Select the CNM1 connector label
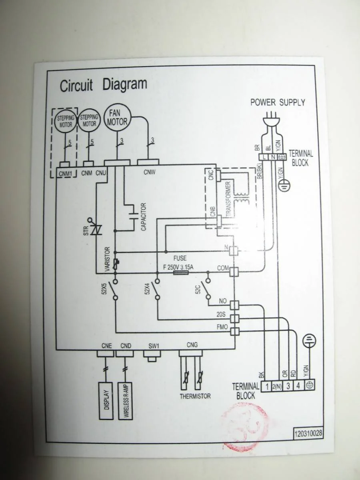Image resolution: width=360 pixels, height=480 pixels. click(x=65, y=173)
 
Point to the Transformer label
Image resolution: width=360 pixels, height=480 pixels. click(x=229, y=199)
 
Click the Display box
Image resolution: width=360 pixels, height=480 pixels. click(x=106, y=400)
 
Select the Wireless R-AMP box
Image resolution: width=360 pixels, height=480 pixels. click(x=126, y=400)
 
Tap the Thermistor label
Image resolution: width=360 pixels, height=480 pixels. click(x=195, y=396)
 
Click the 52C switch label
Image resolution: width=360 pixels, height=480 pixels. click(x=198, y=289)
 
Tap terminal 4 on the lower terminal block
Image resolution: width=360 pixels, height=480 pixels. click(x=298, y=386)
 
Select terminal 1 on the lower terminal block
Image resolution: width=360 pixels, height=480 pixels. click(x=266, y=386)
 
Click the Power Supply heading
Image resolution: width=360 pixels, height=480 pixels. click(x=278, y=102)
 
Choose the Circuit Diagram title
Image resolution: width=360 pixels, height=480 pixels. click(x=104, y=85)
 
